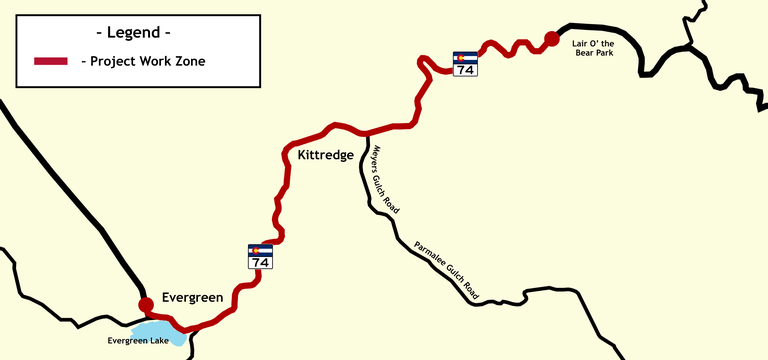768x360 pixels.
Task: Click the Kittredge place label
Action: (x=326, y=156)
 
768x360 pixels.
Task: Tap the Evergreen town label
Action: (x=191, y=297)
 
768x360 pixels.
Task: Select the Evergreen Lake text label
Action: (x=140, y=341)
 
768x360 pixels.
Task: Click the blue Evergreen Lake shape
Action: (x=160, y=331)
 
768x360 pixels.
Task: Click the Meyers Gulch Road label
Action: (x=385, y=181)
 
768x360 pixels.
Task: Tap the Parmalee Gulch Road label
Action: (x=447, y=271)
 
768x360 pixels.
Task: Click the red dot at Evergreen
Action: (x=146, y=303)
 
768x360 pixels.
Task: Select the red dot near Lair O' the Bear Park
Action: (x=550, y=39)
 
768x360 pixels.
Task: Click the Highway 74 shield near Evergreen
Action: (x=260, y=256)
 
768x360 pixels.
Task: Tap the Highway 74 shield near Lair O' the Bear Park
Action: (x=465, y=64)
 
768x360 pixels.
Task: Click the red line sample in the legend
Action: (x=51, y=61)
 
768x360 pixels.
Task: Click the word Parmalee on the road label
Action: (x=428, y=253)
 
